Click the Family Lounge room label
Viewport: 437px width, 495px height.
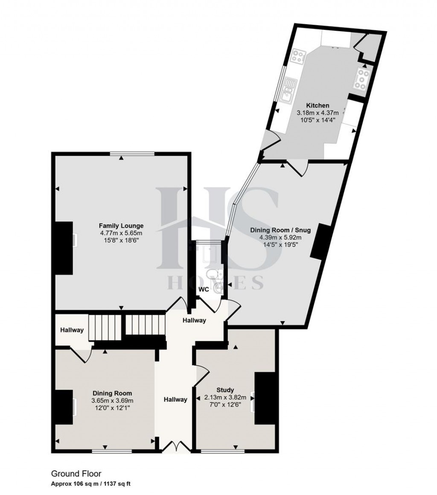[x=121, y=226]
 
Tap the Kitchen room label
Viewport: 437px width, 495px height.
[x=318, y=105]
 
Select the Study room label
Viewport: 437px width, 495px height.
[x=225, y=390]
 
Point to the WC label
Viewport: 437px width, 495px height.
[x=204, y=289]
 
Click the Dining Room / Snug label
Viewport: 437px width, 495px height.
[x=280, y=230]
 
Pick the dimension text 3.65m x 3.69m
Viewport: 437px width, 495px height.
[x=112, y=400]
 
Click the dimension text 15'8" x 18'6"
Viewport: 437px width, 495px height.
[x=121, y=240]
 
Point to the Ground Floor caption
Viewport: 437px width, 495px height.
[x=76, y=473]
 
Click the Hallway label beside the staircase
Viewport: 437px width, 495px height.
[x=71, y=330]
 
